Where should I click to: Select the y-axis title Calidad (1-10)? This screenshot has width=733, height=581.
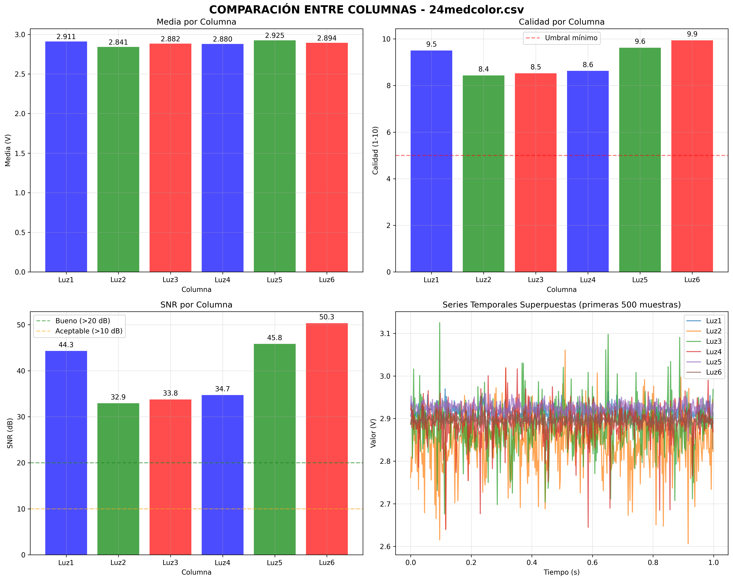coord(375,150)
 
